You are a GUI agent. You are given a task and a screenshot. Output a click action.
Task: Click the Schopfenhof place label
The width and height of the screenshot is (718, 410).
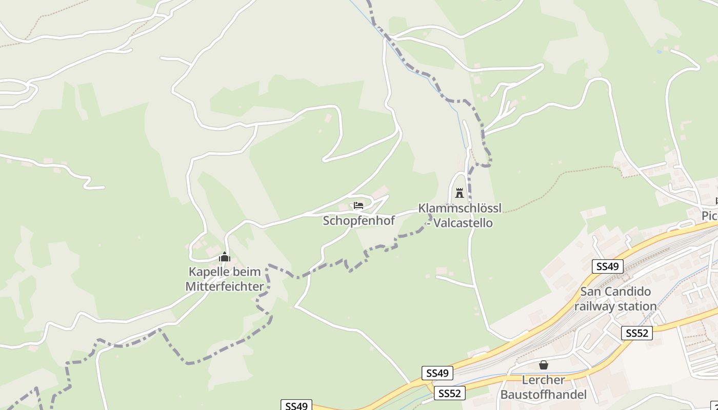coord(359,221)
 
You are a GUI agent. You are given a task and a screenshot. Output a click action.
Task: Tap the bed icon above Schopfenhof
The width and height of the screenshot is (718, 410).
coord(358,206)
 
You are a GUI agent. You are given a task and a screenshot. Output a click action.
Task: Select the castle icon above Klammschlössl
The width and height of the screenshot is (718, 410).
coord(459,193)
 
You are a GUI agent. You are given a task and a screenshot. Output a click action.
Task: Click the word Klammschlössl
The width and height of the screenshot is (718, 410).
coord(460,208)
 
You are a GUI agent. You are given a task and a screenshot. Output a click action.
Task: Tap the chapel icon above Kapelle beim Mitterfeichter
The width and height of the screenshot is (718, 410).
coord(224,257)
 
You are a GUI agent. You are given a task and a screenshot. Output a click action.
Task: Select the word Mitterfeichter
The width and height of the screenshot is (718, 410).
coord(225,286)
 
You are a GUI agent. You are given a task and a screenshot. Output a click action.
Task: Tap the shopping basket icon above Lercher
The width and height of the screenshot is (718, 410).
coord(544,365)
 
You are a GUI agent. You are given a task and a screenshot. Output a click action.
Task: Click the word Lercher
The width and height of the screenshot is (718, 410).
coord(543,380)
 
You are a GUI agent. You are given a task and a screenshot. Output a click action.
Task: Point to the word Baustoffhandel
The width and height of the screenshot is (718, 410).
coord(543,395)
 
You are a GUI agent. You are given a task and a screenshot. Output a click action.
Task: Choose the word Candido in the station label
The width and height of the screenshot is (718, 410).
coord(630,292)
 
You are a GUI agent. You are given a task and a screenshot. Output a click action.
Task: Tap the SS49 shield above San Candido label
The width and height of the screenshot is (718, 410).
coord(607,266)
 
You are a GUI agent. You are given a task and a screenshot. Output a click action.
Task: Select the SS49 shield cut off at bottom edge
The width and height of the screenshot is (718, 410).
coord(296,405)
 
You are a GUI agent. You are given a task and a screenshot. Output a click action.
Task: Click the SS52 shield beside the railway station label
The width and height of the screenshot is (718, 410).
coord(636,333)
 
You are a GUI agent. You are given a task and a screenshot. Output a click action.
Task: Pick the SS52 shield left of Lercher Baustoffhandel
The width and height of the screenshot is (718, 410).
coord(450,393)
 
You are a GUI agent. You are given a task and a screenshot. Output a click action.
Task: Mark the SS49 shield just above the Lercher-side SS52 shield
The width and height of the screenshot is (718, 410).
coord(437,373)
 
